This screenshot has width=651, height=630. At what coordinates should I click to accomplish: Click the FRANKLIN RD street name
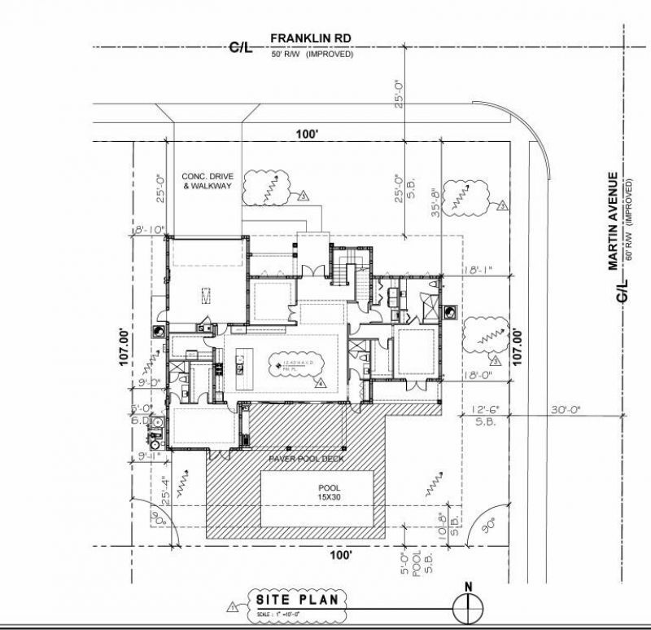pos(311,38)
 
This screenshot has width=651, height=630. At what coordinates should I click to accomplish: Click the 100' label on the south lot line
pos(341,554)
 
